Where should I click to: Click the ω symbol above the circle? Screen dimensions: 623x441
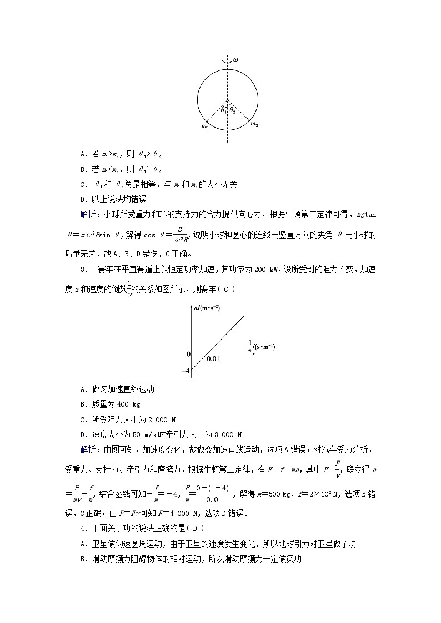235,59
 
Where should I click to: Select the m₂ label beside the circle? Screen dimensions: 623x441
254,125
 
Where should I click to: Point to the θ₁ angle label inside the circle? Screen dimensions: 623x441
223,109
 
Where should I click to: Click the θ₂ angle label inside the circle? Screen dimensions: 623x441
233,110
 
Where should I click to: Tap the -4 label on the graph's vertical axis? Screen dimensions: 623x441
186,371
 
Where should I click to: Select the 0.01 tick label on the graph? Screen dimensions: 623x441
213,359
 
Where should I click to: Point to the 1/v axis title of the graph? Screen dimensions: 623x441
262,346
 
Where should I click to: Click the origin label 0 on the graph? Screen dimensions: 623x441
188,354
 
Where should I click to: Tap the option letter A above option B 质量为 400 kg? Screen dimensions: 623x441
83,389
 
